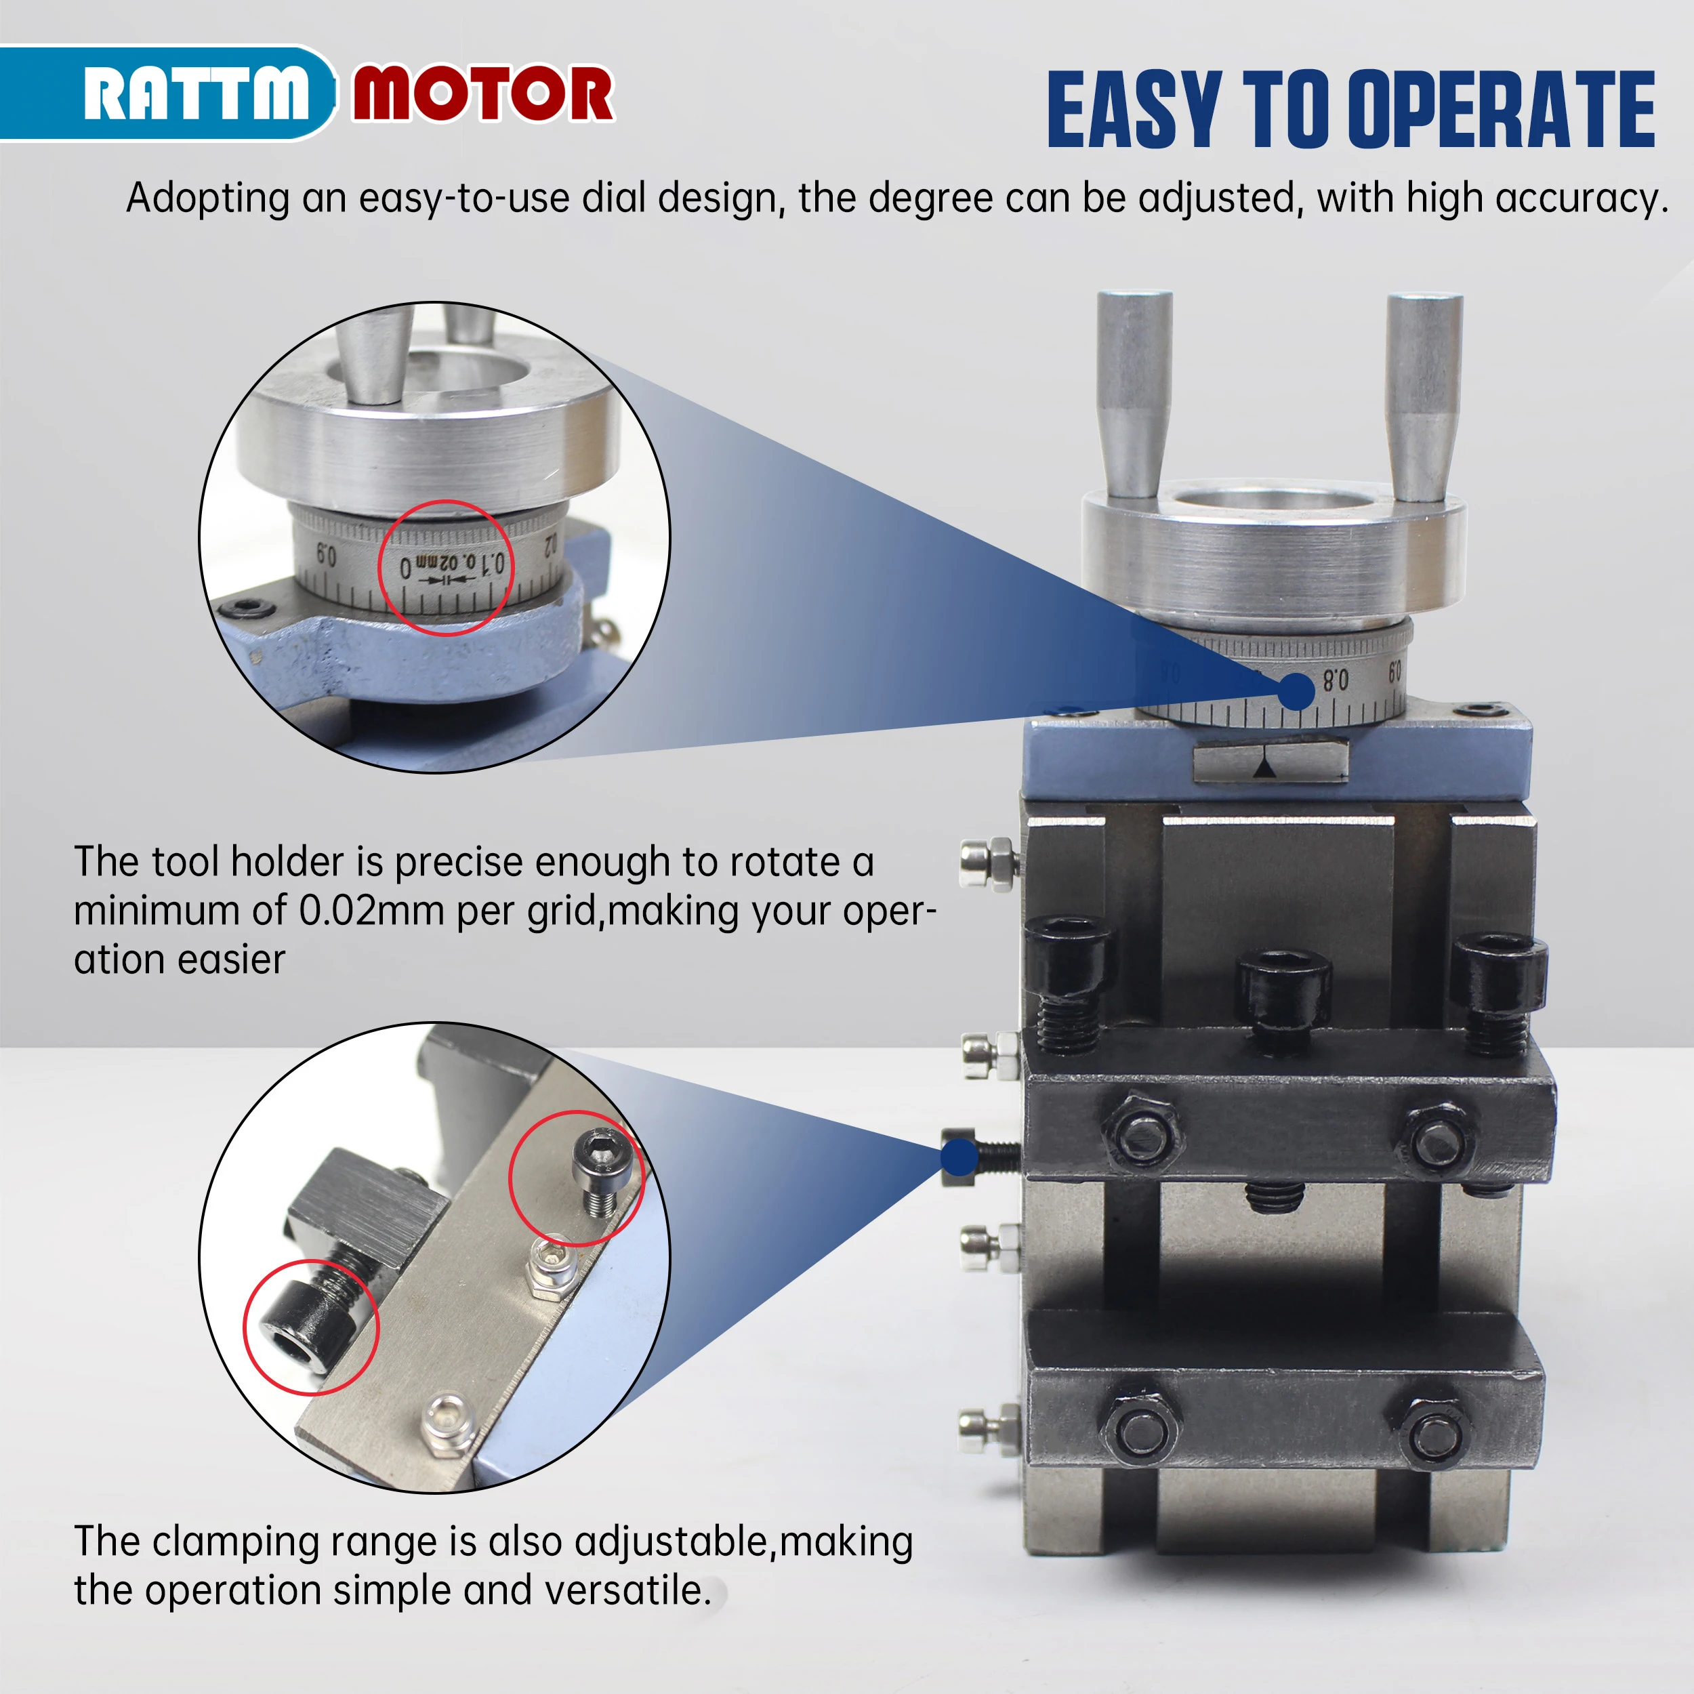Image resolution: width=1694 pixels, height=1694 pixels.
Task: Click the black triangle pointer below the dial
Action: (x=1264, y=768)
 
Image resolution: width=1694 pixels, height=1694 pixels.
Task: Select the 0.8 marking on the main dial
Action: (x=1336, y=680)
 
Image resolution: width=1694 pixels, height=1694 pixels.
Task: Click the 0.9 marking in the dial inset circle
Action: (x=326, y=555)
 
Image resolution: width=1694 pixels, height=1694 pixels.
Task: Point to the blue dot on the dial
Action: (x=1296, y=692)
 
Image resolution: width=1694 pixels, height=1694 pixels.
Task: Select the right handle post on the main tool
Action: (x=1422, y=397)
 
